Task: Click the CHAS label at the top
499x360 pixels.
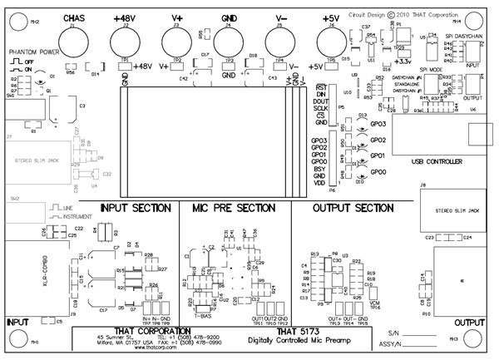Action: (73, 17)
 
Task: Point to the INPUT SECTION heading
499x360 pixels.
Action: (135, 207)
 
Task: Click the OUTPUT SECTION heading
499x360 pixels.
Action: (353, 207)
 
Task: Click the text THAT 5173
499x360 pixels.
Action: (298, 332)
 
